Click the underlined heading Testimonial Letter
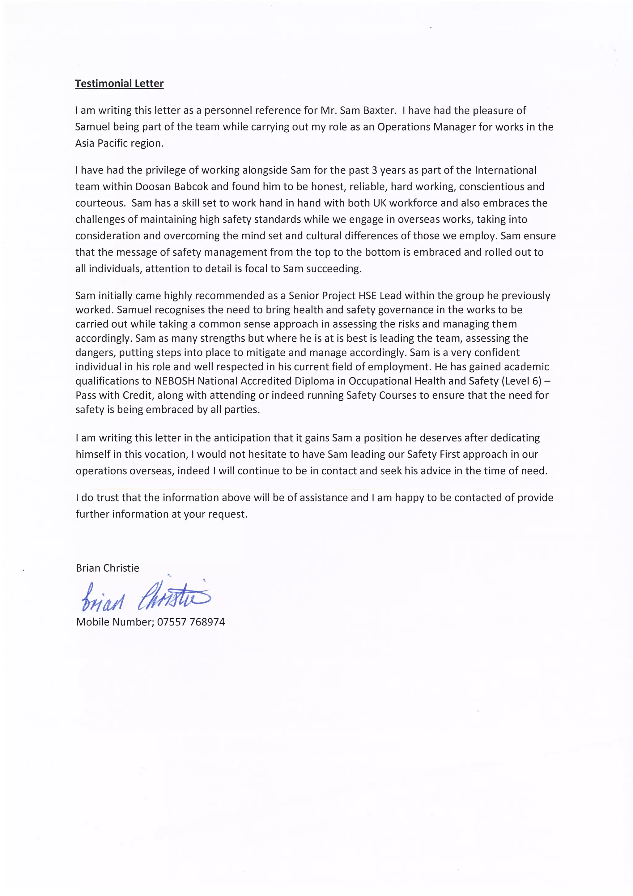click(x=119, y=83)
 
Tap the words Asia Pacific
click(x=104, y=143)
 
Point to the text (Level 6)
click(x=521, y=381)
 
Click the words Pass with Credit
click(x=115, y=395)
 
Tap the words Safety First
click(x=433, y=454)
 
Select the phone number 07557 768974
click(x=191, y=622)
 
